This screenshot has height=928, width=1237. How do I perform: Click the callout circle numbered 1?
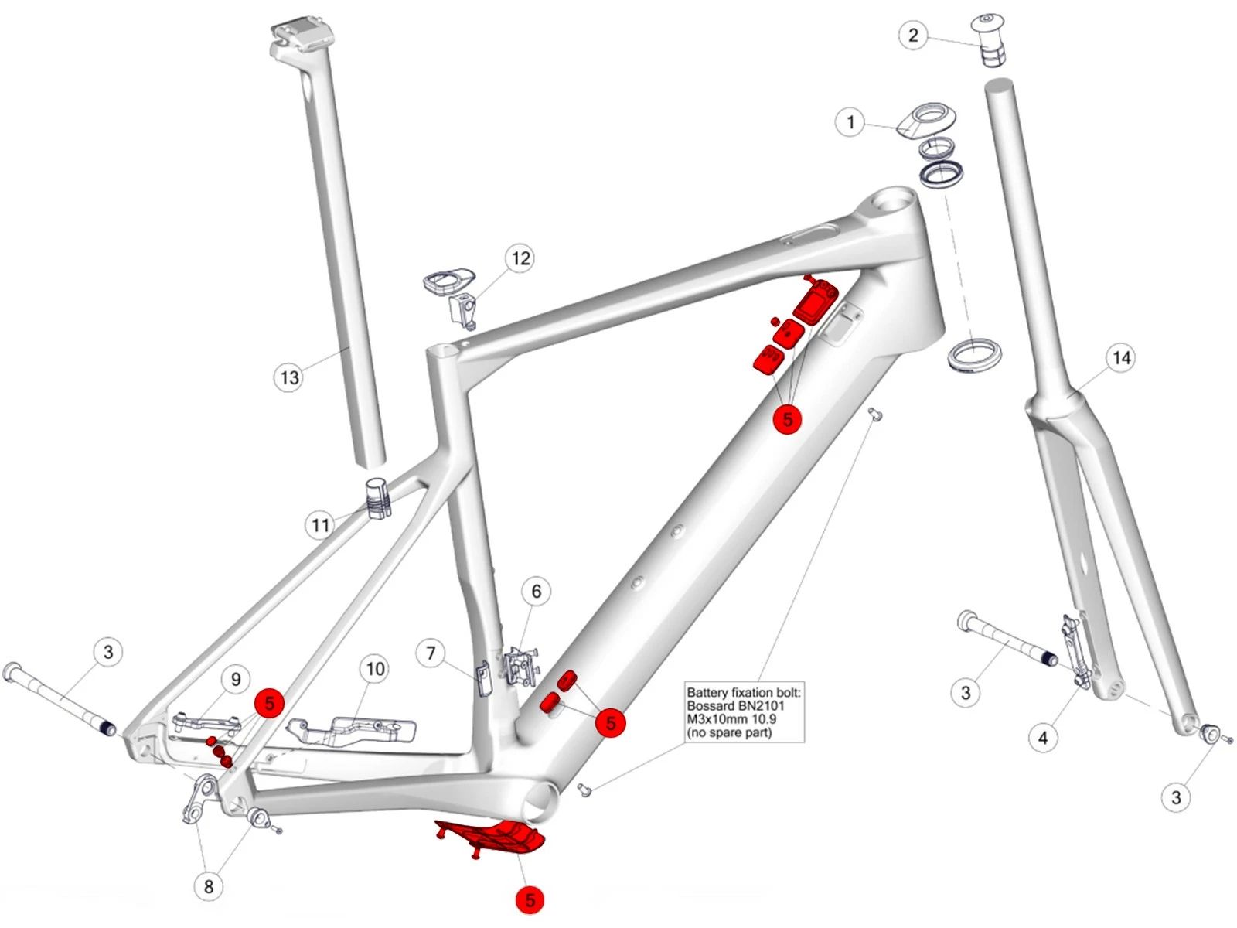click(x=850, y=122)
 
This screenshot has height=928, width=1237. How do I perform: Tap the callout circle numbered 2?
click(x=913, y=35)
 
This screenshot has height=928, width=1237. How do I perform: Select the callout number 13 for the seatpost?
click(x=289, y=377)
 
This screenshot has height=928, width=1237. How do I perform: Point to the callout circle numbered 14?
click(x=1121, y=358)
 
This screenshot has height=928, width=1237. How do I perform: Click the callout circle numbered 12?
click(x=521, y=258)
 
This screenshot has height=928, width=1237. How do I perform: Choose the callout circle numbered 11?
click(x=320, y=526)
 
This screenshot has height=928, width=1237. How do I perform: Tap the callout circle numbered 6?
click(x=537, y=592)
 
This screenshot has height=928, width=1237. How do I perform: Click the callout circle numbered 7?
click(x=431, y=653)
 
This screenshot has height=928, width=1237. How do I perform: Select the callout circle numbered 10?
click(x=375, y=669)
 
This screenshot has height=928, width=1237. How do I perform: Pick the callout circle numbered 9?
click(x=236, y=680)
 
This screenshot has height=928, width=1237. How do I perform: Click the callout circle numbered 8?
click(x=208, y=886)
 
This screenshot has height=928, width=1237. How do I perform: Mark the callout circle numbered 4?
click(x=1043, y=738)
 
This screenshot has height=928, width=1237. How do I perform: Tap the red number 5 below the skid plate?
click(x=530, y=900)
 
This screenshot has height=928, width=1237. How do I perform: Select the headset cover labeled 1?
click(x=926, y=120)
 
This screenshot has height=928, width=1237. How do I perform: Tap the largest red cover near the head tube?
click(x=815, y=302)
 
